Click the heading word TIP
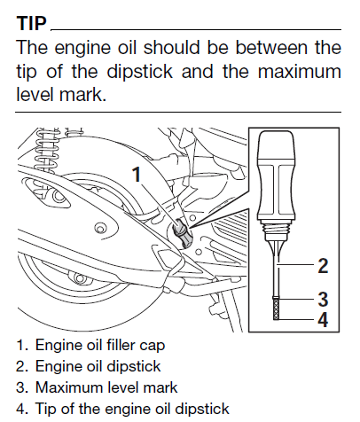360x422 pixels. point(32,23)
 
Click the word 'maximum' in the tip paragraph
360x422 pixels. point(300,72)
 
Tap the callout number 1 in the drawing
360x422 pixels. point(137,174)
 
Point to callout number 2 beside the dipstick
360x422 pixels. point(323,265)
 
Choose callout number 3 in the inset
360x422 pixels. point(323,299)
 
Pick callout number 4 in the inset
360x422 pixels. point(323,319)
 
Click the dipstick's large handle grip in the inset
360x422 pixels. point(277,176)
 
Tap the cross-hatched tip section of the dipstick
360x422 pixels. point(277,309)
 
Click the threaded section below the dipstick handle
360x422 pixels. point(277,228)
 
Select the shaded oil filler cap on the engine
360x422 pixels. point(182,232)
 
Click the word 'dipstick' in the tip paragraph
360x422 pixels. point(139,72)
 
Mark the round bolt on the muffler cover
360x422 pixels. point(100,228)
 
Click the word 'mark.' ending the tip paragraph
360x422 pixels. point(82,95)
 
